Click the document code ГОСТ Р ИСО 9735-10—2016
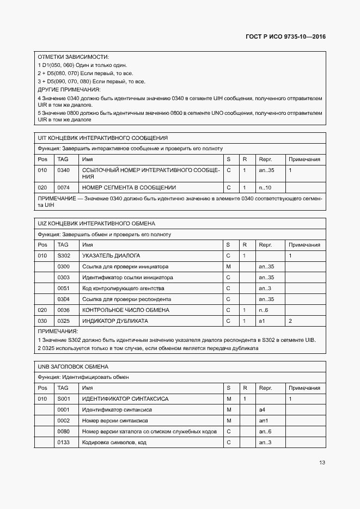tap(285, 38)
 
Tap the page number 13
tap(322, 463)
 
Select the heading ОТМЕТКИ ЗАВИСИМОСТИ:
tap(73, 57)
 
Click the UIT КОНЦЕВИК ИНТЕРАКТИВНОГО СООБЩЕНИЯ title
tap(102, 138)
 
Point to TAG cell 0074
tap(63, 188)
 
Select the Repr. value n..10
tap(265, 188)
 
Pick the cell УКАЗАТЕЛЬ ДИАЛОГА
tap(111, 256)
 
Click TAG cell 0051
tap(63, 289)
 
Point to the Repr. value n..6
tap(264, 310)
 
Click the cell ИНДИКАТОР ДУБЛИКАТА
tap(115, 321)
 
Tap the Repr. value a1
tap(261, 321)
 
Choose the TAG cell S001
tap(63, 399)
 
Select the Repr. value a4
tap(261, 409)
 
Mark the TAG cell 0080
tap(63, 431)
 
